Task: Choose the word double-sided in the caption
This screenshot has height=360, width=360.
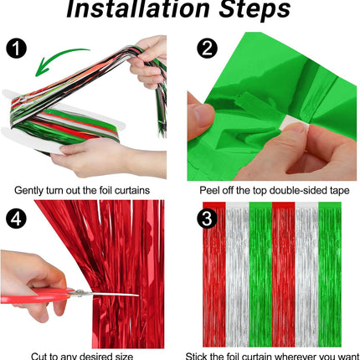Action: coord(293,189)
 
